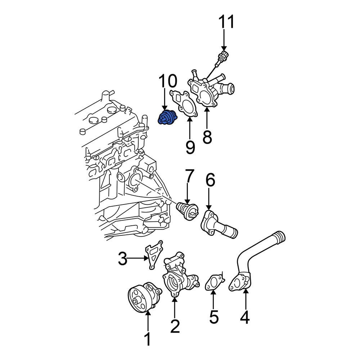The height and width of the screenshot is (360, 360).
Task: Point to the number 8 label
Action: [207, 137]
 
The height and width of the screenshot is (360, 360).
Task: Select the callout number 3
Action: [123, 258]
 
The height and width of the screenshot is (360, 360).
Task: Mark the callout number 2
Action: [175, 326]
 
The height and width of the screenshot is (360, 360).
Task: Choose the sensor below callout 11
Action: [222, 58]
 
